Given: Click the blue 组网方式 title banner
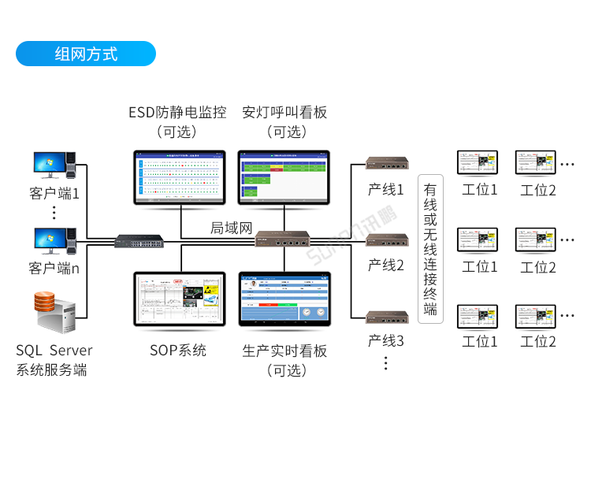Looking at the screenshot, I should [x=86, y=54].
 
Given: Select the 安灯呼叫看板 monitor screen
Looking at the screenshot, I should [x=284, y=177].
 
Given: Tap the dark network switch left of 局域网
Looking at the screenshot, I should [x=139, y=241].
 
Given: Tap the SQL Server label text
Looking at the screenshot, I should [x=54, y=351].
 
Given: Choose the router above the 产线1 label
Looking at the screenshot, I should [x=386, y=164].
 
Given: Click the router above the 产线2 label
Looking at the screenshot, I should [x=386, y=239].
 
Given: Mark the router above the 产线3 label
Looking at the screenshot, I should [x=386, y=317].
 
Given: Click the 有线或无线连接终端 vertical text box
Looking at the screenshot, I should [x=430, y=249].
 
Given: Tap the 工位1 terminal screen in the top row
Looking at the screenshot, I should [x=479, y=162].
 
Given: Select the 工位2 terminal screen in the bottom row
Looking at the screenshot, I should [x=536, y=315].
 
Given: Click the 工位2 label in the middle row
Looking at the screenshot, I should [x=538, y=267].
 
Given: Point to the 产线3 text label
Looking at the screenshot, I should [x=386, y=341].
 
